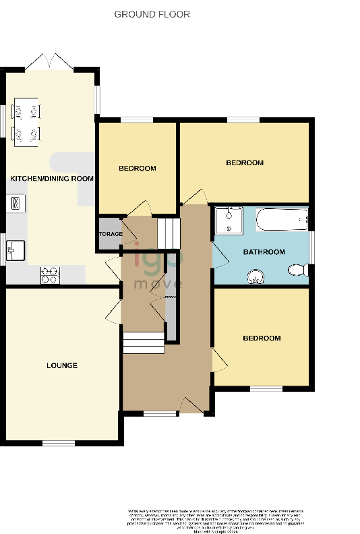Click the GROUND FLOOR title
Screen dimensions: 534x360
pos(152,14)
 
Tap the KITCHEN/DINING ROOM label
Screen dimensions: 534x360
pos(51,178)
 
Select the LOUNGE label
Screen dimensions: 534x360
pos(62,365)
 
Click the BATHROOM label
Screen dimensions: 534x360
pos(264,252)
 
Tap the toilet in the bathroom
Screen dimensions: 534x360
pos(297,271)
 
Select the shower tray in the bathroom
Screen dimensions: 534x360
pos(229,220)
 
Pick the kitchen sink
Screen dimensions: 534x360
pos(15,249)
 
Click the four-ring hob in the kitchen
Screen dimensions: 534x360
pos(51,275)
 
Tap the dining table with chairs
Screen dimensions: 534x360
pos(26,121)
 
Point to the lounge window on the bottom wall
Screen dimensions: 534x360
pos(59,443)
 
